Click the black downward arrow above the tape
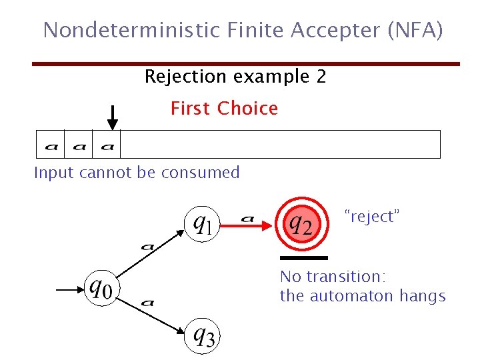[113, 117]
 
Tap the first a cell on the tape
[51, 145]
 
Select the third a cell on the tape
[107, 145]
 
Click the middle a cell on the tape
[79, 145]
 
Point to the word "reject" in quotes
[371, 216]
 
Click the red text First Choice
[224, 108]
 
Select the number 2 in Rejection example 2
[321, 77]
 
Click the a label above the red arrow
[247, 217]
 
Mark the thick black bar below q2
[304, 257]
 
